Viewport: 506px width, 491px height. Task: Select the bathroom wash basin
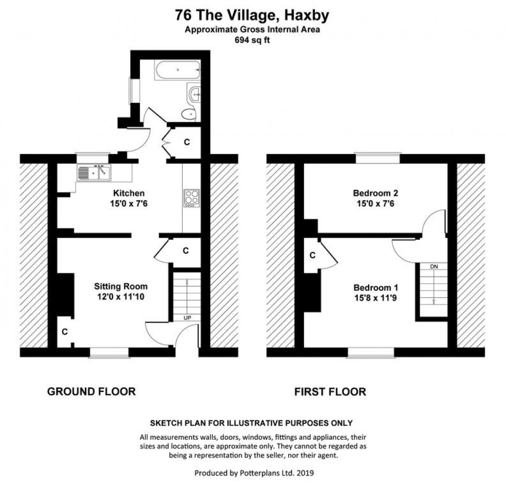[x=195, y=94]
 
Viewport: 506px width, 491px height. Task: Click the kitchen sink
[x=94, y=173]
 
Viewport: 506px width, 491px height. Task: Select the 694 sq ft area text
[x=253, y=39]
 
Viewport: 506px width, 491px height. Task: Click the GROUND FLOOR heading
[x=91, y=392]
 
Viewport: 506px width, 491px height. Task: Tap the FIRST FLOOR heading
[x=330, y=392]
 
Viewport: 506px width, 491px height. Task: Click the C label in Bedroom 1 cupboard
[x=312, y=255]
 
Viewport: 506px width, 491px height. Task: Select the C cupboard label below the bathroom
[x=187, y=142]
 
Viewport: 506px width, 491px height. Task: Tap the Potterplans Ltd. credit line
[x=254, y=473]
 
